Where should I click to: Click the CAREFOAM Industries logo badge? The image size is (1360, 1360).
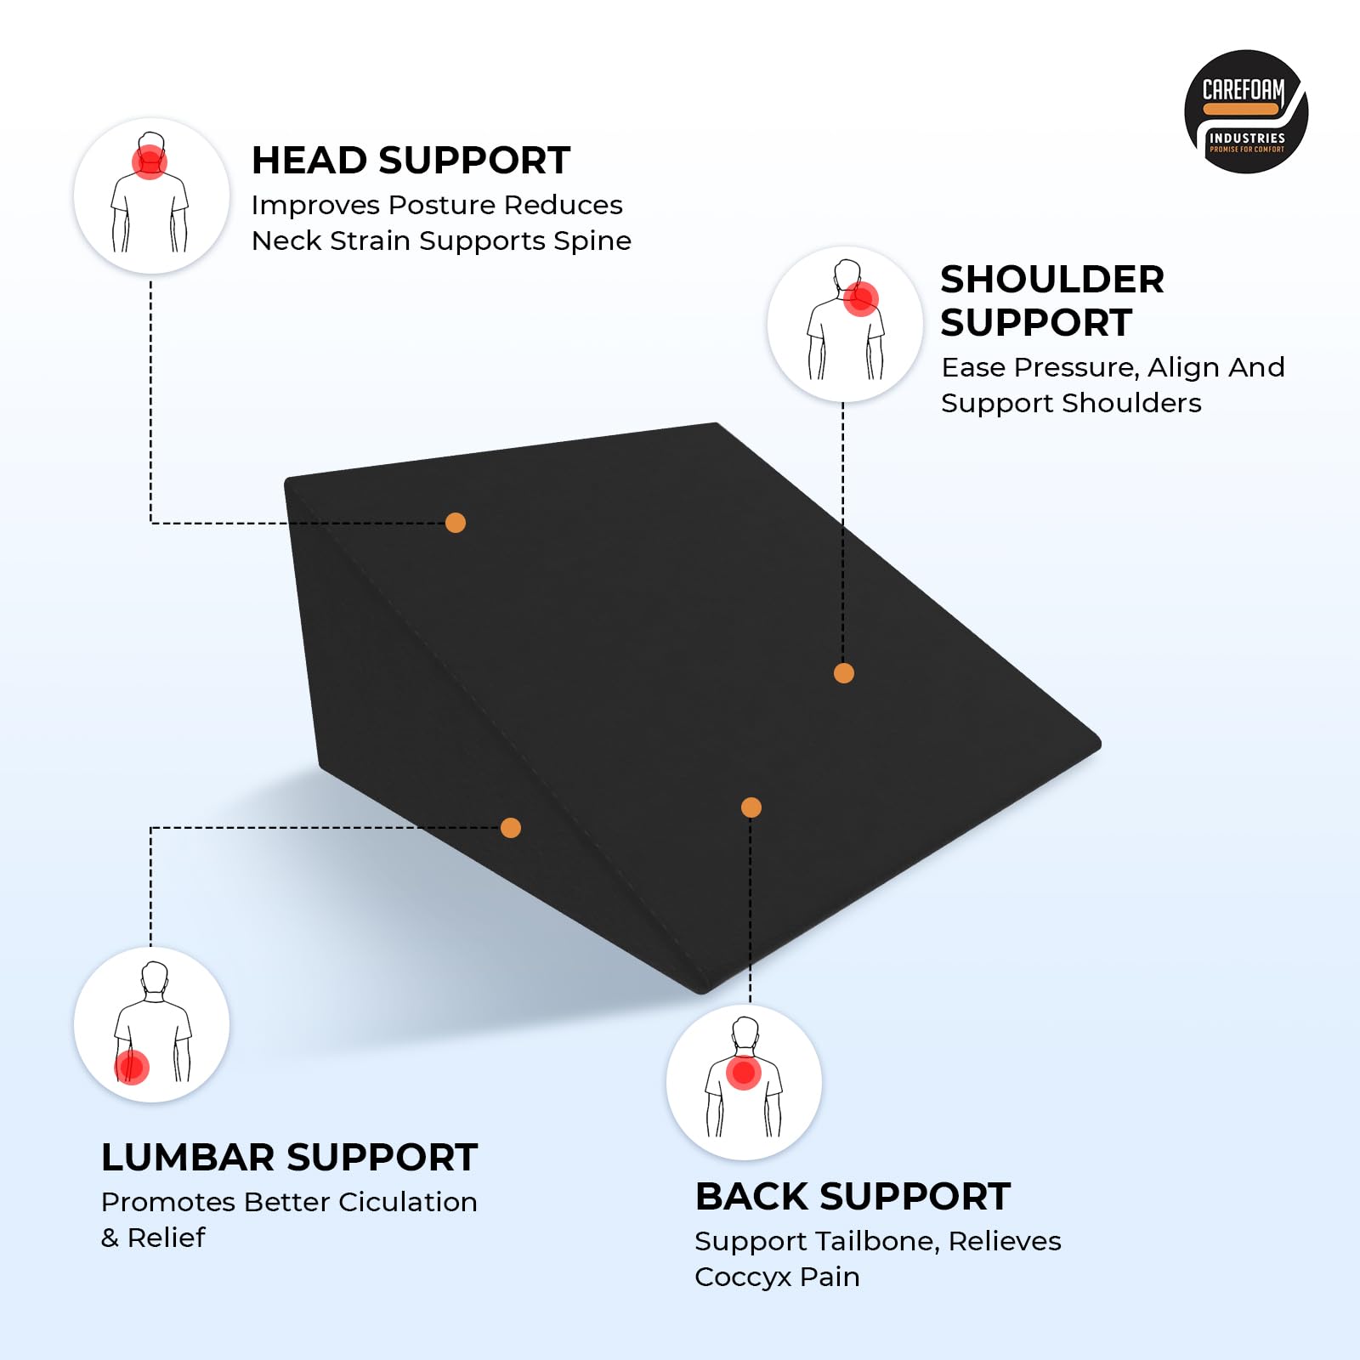click(1246, 111)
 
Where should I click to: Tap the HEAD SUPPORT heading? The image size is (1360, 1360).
click(411, 161)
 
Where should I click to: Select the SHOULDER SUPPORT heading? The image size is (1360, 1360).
click(1052, 301)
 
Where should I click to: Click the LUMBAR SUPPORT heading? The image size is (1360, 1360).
click(289, 1158)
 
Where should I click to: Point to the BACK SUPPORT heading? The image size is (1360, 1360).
click(853, 1197)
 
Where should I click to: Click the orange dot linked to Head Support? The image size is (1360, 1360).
click(456, 523)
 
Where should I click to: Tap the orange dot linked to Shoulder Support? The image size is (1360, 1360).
click(844, 673)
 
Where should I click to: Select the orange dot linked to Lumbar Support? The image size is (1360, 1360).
click(511, 828)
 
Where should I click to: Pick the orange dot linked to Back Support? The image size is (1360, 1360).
click(751, 807)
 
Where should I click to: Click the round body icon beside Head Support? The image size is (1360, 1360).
click(151, 195)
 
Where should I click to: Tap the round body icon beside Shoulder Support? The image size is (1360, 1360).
click(845, 324)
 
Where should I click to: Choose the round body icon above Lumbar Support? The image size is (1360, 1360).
click(151, 1024)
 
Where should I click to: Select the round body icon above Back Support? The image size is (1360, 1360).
click(744, 1082)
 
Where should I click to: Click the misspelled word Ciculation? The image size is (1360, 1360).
click(408, 1202)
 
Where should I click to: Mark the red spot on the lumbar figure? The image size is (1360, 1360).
click(132, 1067)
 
